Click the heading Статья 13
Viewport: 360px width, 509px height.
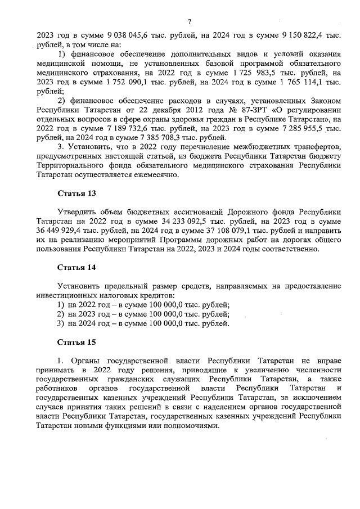(77, 193)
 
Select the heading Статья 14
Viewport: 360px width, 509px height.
(77, 267)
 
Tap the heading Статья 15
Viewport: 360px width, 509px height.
(77, 341)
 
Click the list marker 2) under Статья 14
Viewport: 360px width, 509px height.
(60, 314)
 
